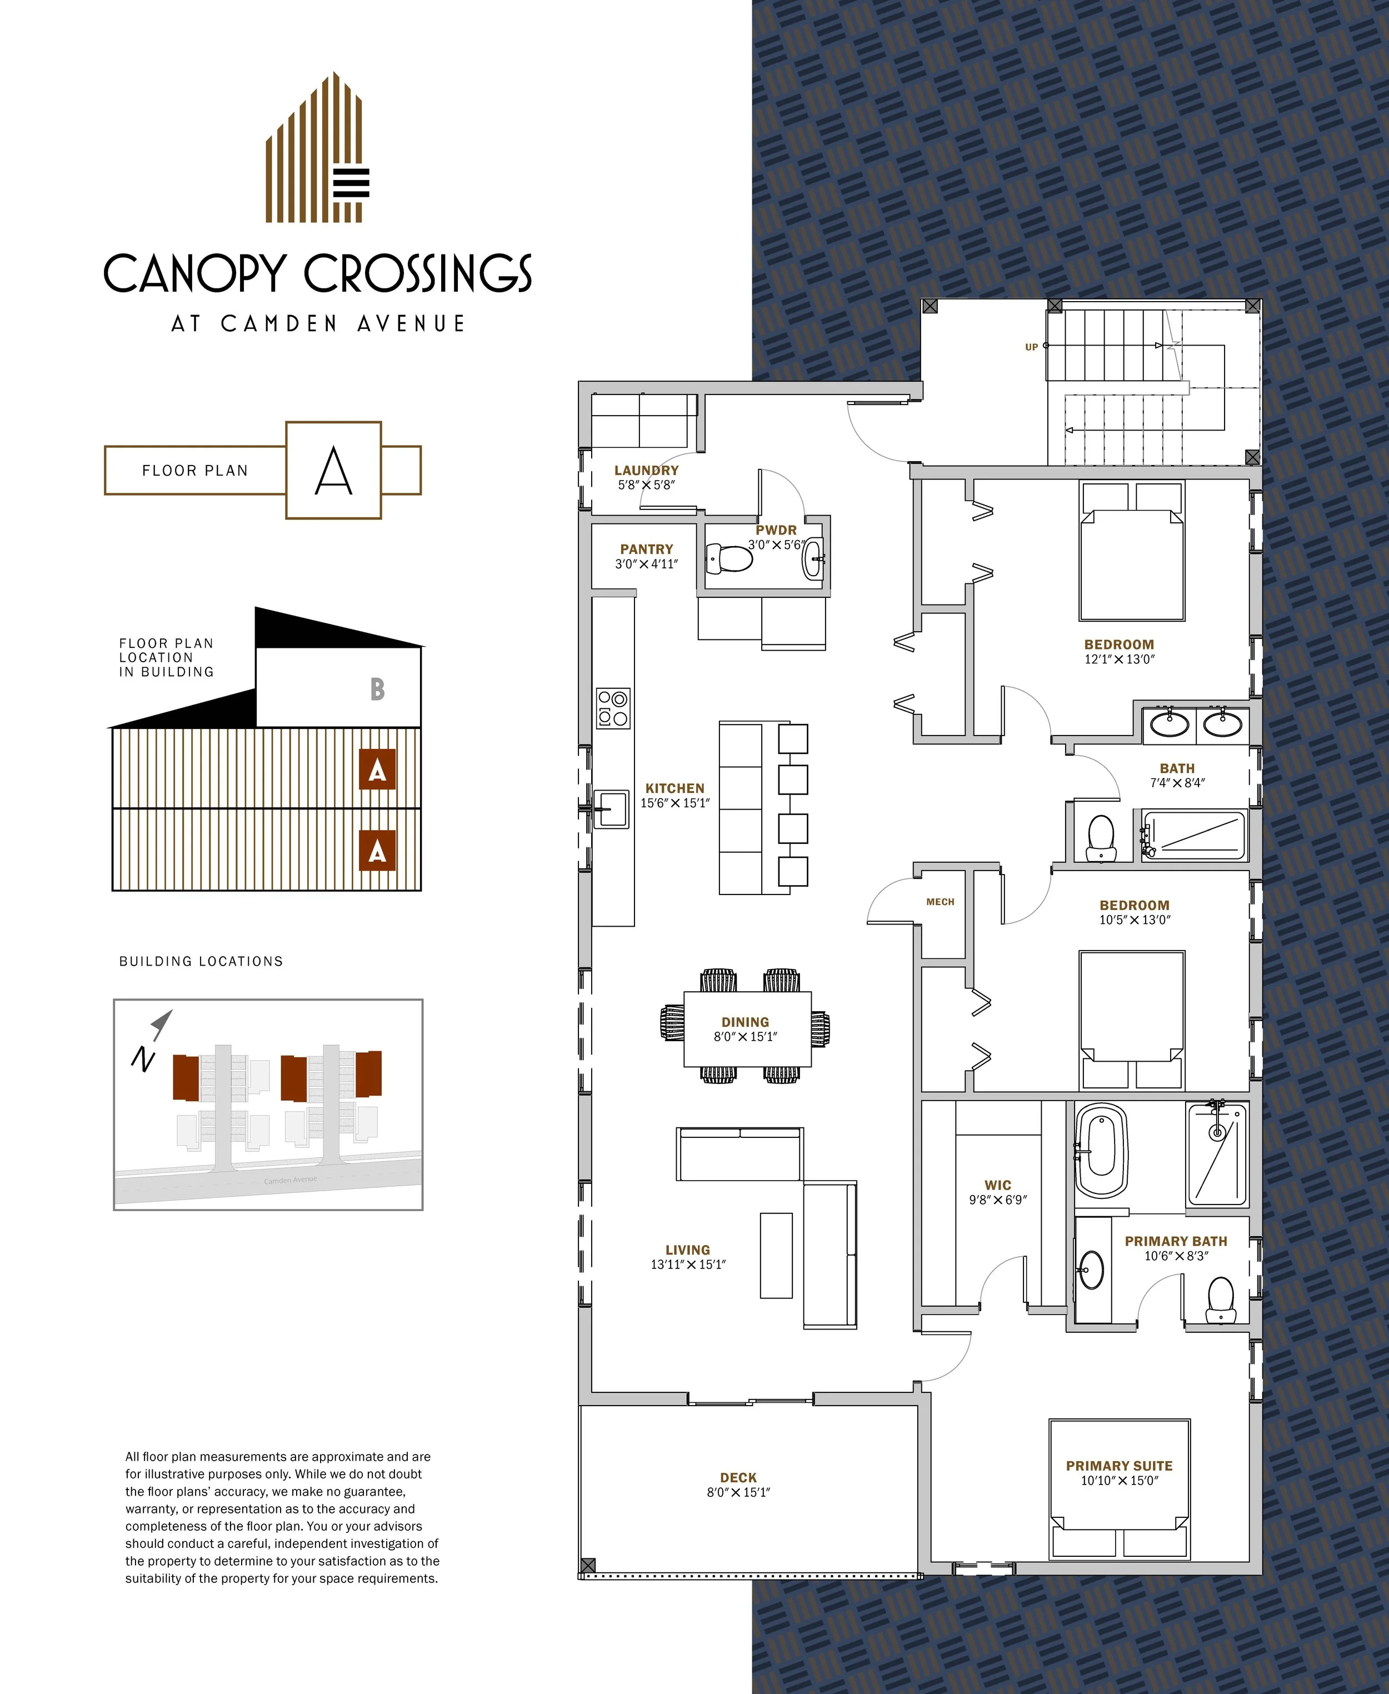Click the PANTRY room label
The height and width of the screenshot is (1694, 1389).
tap(647, 549)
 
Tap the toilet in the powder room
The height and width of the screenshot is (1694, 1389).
tap(729, 558)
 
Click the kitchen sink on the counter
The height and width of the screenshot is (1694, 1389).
tap(611, 809)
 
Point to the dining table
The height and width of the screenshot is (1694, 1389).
tap(747, 1029)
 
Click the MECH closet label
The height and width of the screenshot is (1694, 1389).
tap(940, 902)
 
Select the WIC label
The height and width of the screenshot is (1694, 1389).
tap(998, 1185)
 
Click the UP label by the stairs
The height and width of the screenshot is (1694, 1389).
tap(1031, 347)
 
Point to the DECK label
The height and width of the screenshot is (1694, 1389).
tap(738, 1478)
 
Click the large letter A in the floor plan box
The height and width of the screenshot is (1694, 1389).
tap(334, 471)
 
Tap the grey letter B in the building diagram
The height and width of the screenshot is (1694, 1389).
tap(378, 689)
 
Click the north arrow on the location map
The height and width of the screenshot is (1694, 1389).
tap(161, 1025)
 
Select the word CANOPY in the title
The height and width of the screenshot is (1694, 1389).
tap(194, 274)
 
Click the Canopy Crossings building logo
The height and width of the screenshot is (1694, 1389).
tap(318, 147)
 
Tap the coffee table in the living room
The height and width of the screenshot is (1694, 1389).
tap(775, 1255)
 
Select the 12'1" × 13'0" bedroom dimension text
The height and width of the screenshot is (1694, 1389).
tap(1120, 659)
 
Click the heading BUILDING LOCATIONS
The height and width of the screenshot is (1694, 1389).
tap(201, 961)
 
